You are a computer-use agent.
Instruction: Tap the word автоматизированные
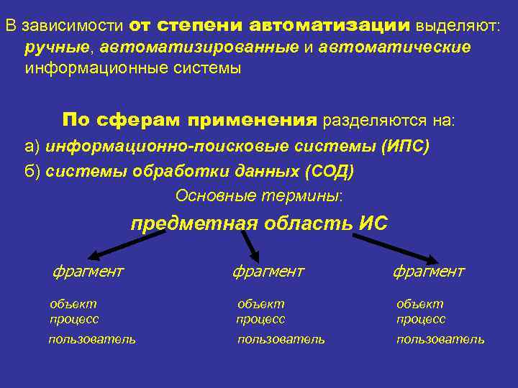click(x=200, y=47)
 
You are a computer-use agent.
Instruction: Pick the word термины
click(x=311, y=195)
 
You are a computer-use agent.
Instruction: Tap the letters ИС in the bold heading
click(x=372, y=223)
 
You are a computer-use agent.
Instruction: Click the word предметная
click(x=194, y=223)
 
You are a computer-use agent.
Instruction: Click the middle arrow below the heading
click(x=250, y=247)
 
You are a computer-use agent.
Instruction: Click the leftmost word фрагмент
click(x=88, y=272)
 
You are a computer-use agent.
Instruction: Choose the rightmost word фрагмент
click(x=429, y=272)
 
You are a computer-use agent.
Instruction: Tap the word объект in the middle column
click(x=261, y=304)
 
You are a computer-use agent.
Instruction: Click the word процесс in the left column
click(x=74, y=319)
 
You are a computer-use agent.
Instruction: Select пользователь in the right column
click(x=440, y=339)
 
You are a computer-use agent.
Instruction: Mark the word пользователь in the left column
click(x=92, y=339)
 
